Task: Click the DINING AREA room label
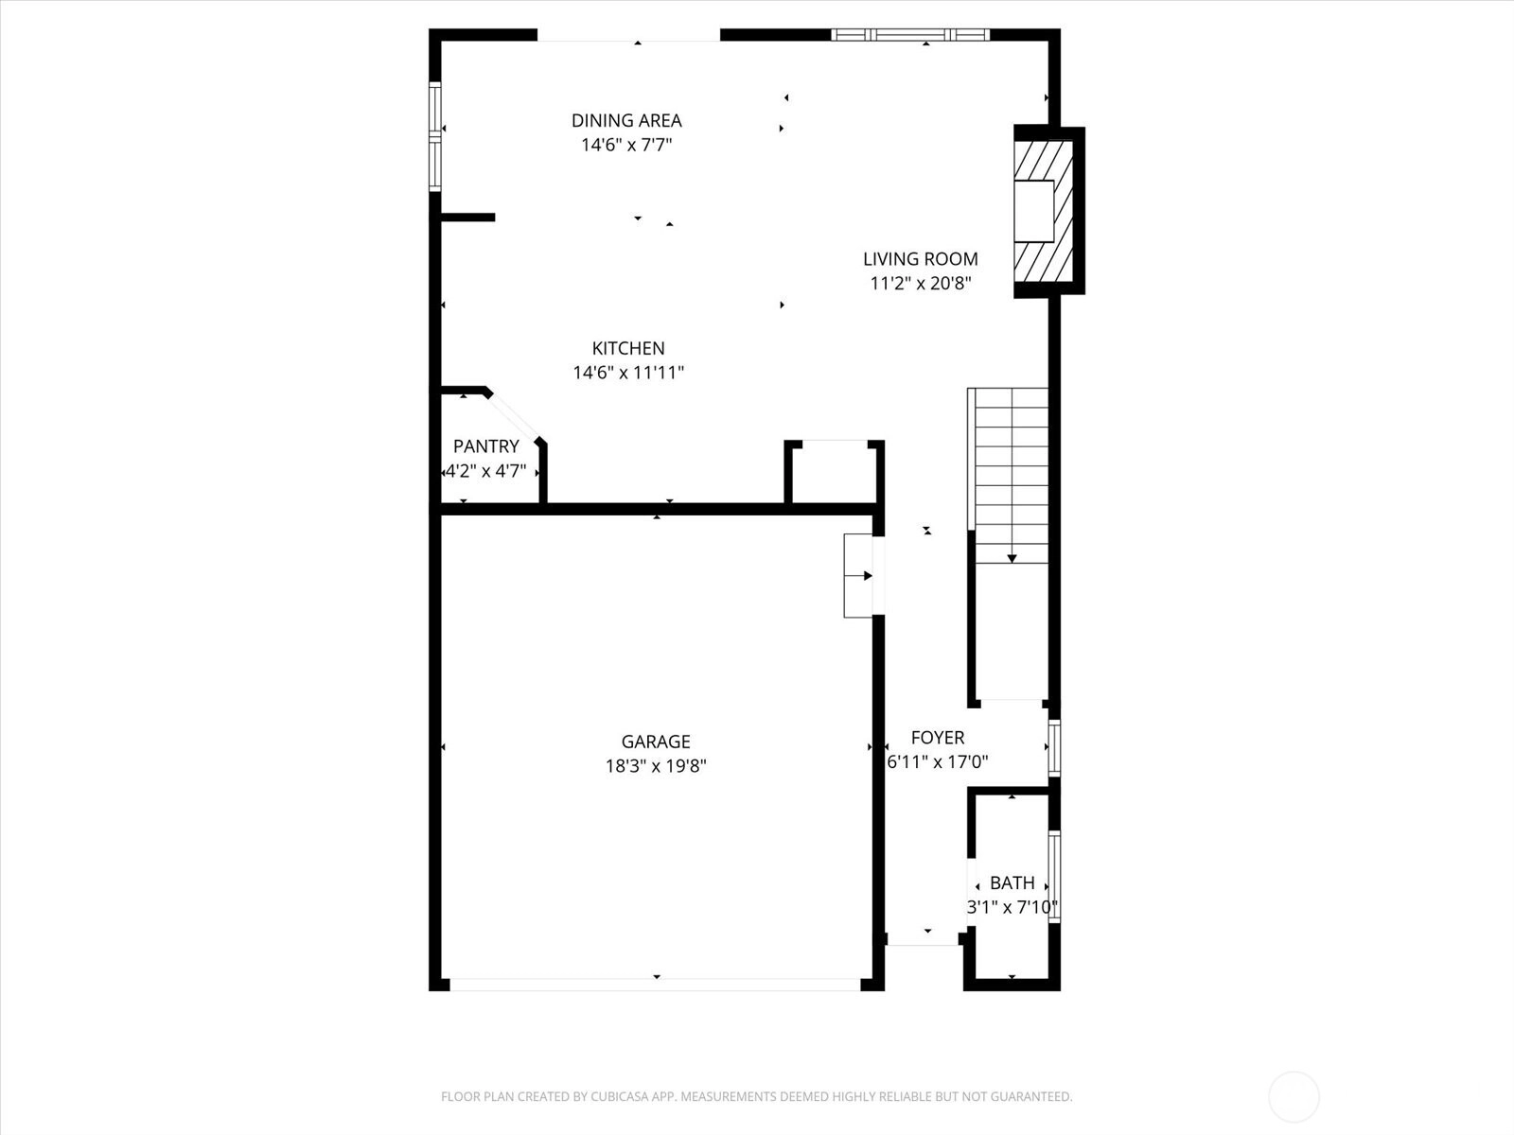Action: (x=626, y=121)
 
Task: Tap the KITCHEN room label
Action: (x=628, y=348)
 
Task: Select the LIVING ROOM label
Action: (x=920, y=259)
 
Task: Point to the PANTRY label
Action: (x=485, y=445)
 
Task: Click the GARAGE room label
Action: (x=655, y=742)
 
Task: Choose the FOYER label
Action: (x=938, y=738)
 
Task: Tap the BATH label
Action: (x=1012, y=882)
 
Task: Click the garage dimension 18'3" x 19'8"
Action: (x=656, y=766)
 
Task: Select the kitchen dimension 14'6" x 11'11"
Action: (x=628, y=373)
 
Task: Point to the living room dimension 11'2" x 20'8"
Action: (x=920, y=283)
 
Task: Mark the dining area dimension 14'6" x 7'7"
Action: (x=626, y=146)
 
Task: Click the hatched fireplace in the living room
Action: (x=1043, y=211)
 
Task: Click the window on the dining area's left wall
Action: (x=435, y=136)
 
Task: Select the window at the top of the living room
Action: (x=910, y=34)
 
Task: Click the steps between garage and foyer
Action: (x=859, y=575)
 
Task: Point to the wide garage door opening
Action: (x=655, y=985)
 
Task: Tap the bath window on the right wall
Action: (x=1055, y=877)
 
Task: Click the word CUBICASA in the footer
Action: (x=620, y=1096)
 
